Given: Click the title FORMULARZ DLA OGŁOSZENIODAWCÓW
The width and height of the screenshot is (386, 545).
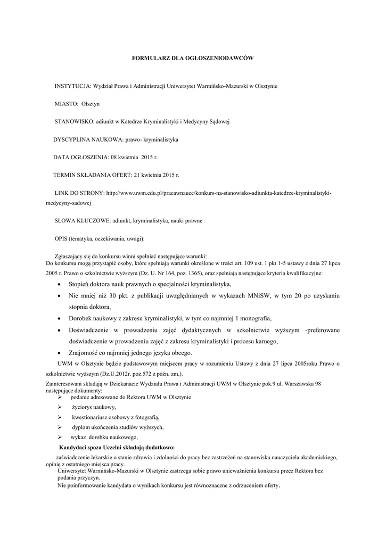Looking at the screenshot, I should pos(193,57).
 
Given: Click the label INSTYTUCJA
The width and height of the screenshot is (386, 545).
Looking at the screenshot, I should pos(73,86).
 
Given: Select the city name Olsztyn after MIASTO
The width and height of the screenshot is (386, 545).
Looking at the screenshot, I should pos(97,104).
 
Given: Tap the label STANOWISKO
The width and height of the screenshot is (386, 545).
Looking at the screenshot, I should pos(73,121).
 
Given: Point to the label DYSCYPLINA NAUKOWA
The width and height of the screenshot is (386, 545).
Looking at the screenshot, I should pos(87,139).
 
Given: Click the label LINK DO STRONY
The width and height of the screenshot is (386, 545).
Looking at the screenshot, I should pos(79,193).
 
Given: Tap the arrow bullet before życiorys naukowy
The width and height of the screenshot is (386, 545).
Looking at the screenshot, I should pos(60,407).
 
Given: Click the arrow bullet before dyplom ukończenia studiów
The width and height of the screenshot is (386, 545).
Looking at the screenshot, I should pos(60,427).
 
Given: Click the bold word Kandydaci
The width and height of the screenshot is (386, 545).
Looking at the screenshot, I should pos(76,447).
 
